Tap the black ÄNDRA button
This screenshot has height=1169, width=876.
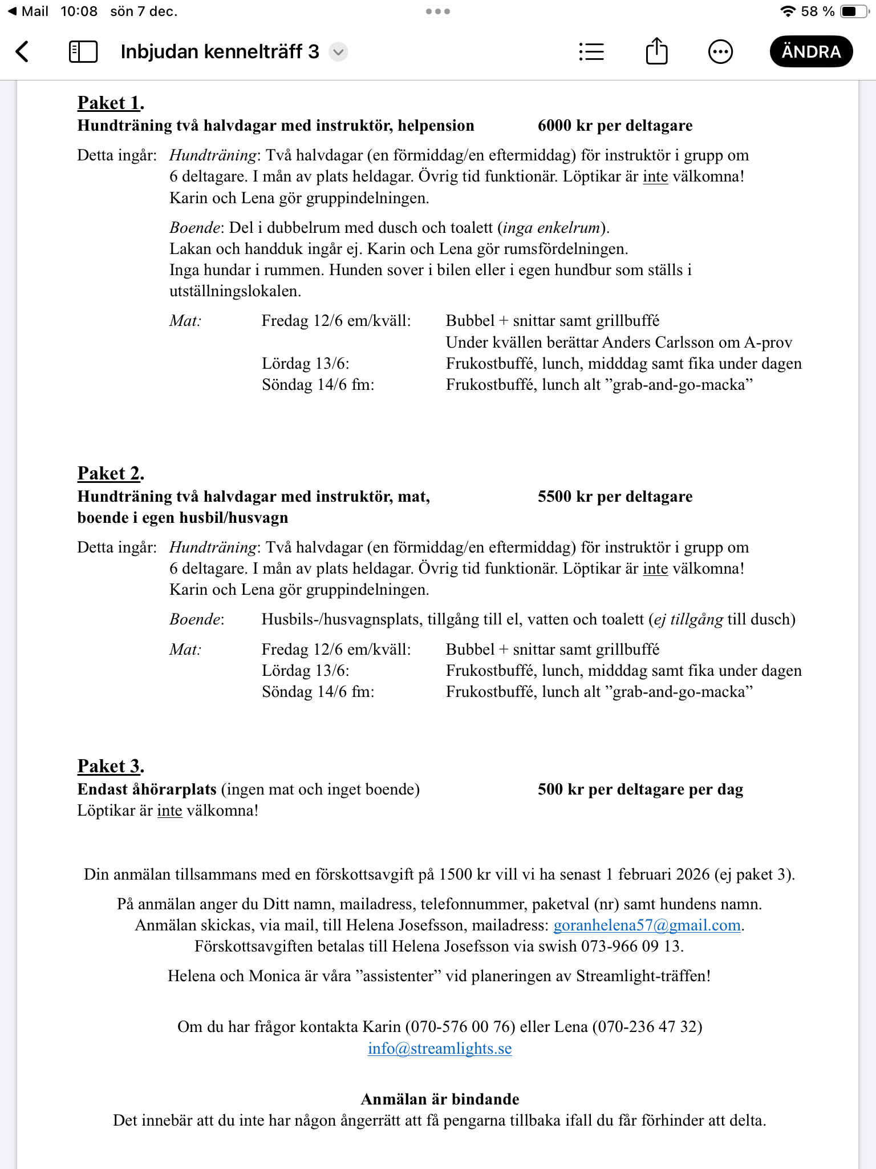[811, 51]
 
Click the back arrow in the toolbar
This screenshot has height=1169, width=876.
[22, 51]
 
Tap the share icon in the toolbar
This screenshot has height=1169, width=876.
[656, 51]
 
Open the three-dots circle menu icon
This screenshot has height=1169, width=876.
[720, 51]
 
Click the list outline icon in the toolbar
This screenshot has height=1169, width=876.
[591, 51]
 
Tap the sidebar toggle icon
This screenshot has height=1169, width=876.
[83, 51]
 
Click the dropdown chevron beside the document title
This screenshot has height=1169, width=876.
[338, 52]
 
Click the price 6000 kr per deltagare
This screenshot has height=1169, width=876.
[615, 126]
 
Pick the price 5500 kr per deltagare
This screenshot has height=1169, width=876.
[615, 497]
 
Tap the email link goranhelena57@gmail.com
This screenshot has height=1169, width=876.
[647, 925]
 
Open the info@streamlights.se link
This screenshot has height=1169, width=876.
[440, 1049]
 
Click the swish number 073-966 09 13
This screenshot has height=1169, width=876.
[630, 946]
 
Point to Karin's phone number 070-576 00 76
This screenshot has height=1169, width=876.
[460, 1027]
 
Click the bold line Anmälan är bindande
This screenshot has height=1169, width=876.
[440, 1099]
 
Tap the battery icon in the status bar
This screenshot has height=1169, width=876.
[855, 11]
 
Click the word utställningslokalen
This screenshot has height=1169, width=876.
[234, 292]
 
